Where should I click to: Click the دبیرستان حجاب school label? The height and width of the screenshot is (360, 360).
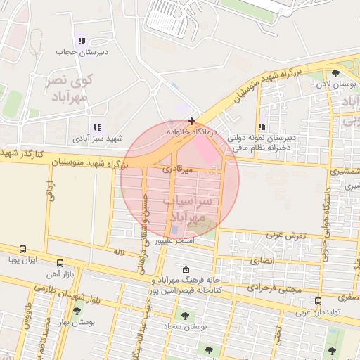[82, 52]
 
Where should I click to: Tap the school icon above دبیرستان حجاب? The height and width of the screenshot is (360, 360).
[82, 41]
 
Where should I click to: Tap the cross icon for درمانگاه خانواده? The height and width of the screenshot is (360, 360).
[191, 122]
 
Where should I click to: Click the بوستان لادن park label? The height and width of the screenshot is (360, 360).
[333, 84]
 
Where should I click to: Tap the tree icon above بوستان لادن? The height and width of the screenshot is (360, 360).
[334, 73]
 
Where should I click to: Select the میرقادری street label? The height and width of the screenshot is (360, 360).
[177, 169]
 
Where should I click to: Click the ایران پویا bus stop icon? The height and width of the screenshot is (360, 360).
[23, 249]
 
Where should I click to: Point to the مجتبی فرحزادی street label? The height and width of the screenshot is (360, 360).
[276, 289]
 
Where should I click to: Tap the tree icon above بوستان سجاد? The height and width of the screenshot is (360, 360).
[186, 316]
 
